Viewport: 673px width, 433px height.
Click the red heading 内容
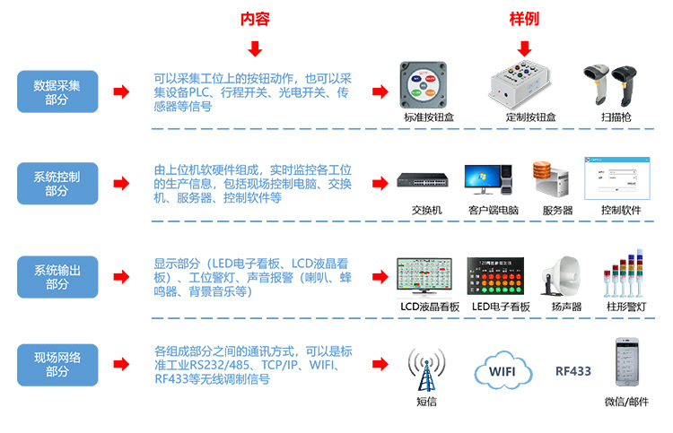255,19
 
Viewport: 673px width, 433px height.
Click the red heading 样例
524,19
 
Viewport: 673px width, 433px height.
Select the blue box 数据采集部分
57,91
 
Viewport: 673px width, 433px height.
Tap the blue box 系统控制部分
57,184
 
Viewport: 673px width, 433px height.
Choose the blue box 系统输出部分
57,276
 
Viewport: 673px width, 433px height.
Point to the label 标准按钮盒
426,117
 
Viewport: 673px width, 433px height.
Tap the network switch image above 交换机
426,180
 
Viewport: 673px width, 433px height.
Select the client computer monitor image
489,178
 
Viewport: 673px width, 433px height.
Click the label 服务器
557,210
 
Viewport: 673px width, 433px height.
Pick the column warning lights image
622,273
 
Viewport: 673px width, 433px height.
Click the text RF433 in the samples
573,370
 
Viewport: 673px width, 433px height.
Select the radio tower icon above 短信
425,366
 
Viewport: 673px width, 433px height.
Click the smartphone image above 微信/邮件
625,364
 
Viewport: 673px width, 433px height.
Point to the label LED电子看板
501,306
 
